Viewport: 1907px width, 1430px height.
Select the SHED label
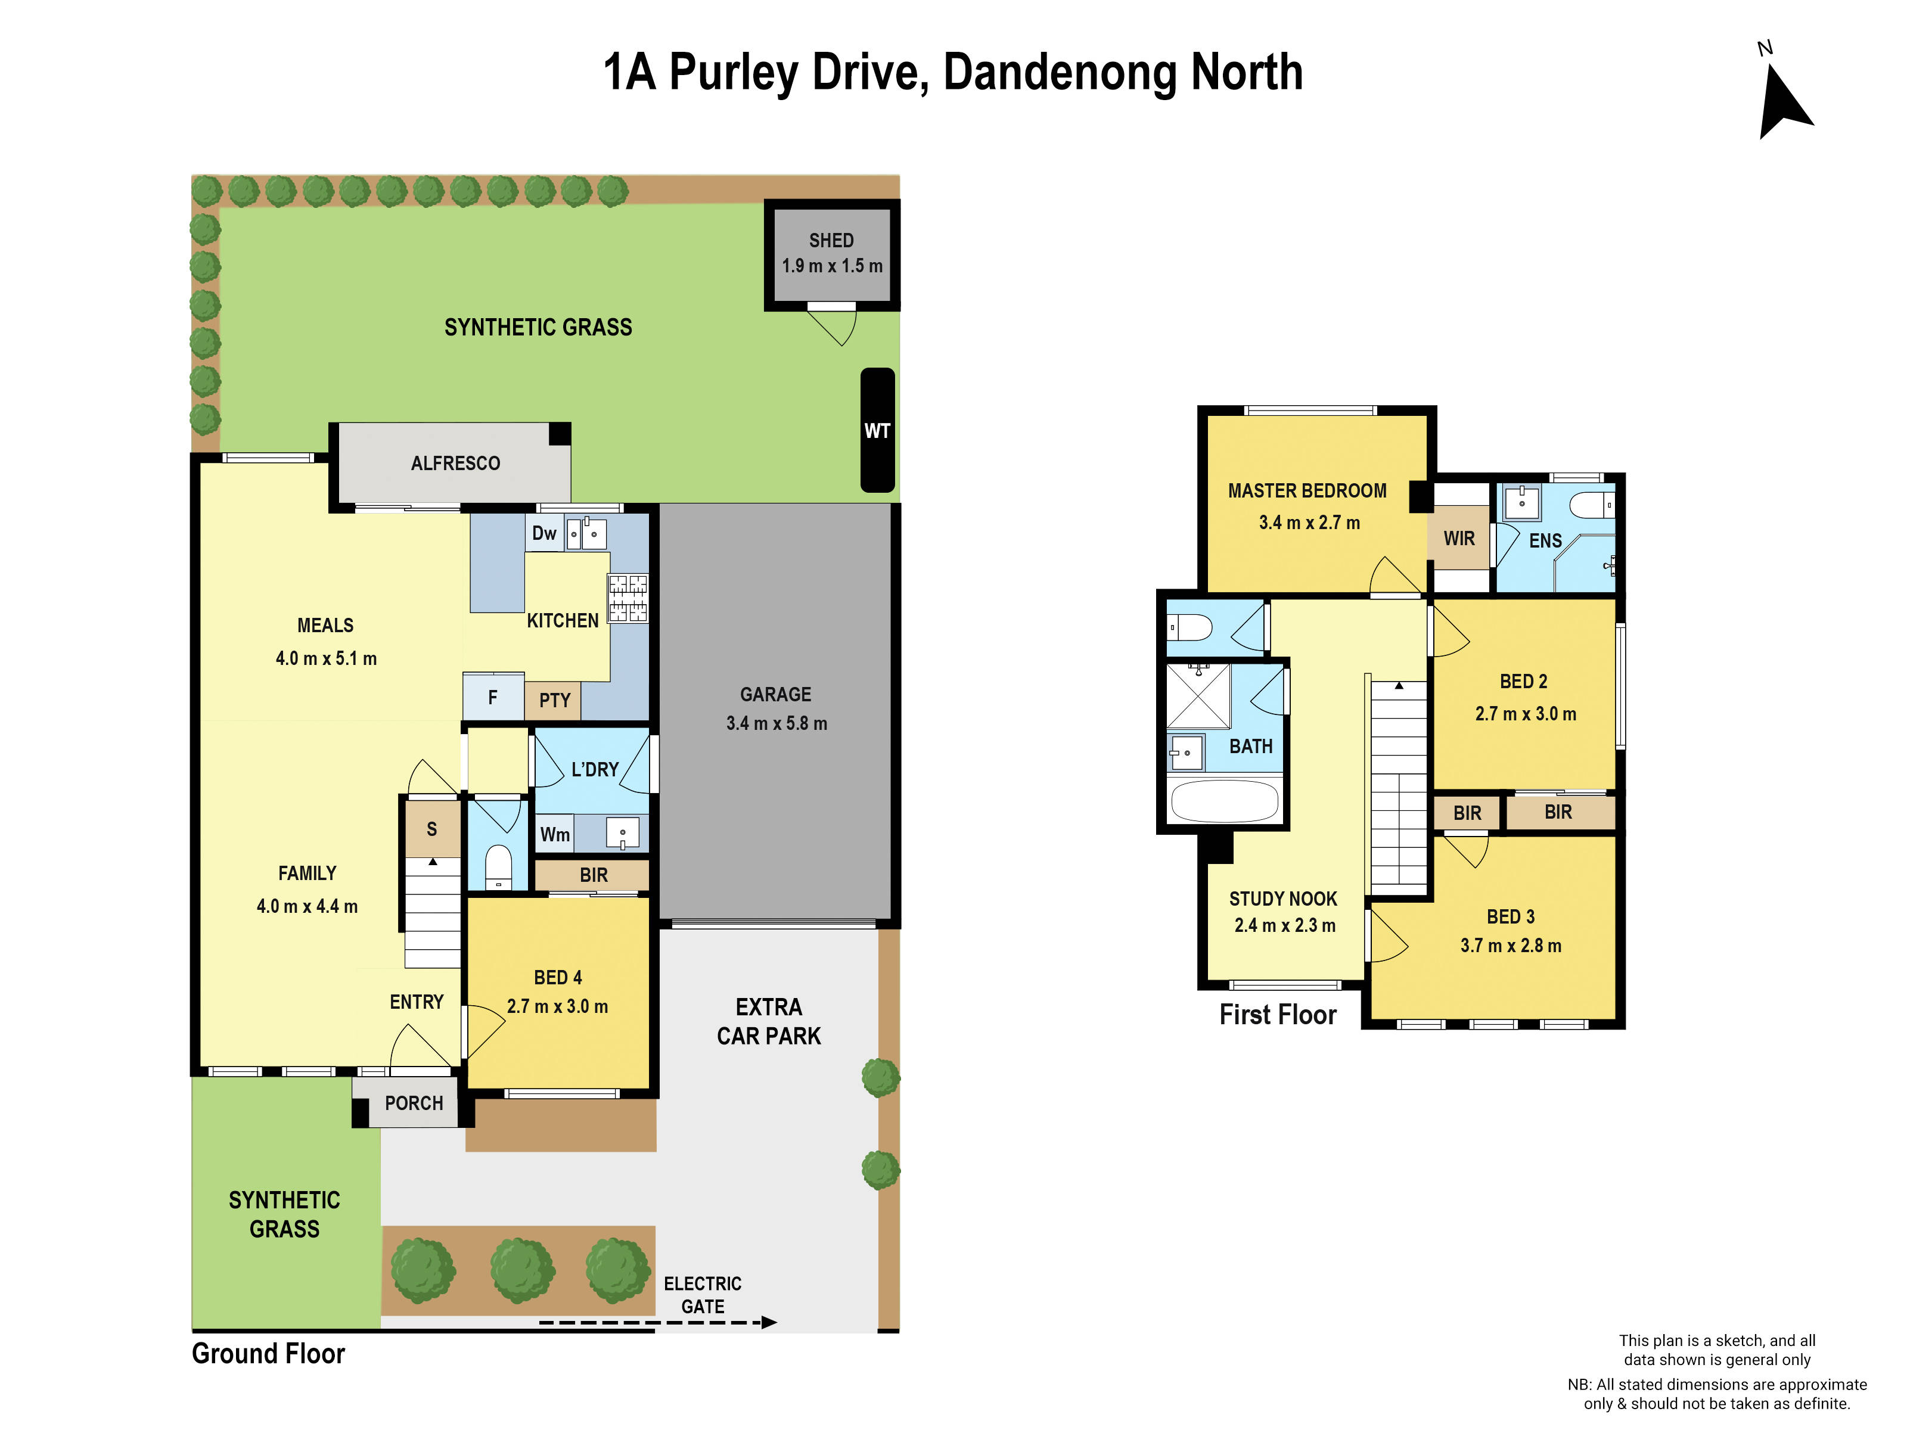tap(831, 241)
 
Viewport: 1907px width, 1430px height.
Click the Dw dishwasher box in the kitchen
tap(544, 533)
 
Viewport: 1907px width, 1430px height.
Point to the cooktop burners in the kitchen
tap(628, 598)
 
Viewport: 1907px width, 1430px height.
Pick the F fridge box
tap(492, 697)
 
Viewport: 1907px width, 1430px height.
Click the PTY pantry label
tap(554, 700)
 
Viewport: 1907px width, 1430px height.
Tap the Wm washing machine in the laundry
tap(554, 834)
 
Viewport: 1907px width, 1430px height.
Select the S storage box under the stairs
tap(432, 829)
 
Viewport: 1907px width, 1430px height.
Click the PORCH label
tap(414, 1103)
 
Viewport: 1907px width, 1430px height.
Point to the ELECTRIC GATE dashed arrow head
tap(769, 1322)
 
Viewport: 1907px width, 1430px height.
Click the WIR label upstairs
tap(1459, 539)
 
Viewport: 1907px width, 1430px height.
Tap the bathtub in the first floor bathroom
tap(1224, 801)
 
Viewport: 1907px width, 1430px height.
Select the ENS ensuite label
tap(1545, 540)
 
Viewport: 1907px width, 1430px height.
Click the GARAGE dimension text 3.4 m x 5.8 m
tap(776, 723)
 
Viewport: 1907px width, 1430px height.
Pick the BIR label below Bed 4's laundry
tap(593, 875)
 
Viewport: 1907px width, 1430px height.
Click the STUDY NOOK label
tap(1283, 899)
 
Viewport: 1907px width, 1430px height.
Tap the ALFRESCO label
tap(455, 464)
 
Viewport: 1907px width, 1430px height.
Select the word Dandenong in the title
tap(1060, 73)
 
